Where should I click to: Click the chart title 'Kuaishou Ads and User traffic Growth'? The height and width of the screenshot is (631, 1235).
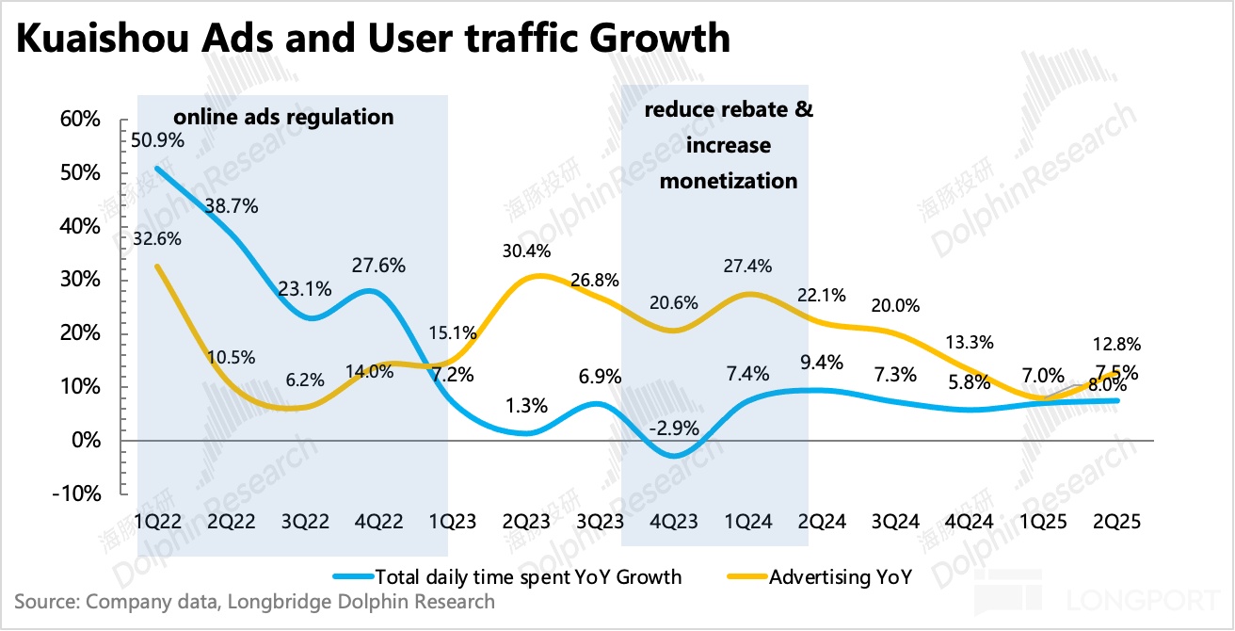click(373, 40)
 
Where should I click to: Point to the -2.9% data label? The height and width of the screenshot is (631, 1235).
click(674, 428)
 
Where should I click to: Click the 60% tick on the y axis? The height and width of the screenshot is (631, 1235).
click(79, 120)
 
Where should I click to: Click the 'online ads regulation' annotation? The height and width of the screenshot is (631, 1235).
click(281, 118)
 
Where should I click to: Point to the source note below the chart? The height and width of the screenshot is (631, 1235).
click(254, 601)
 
